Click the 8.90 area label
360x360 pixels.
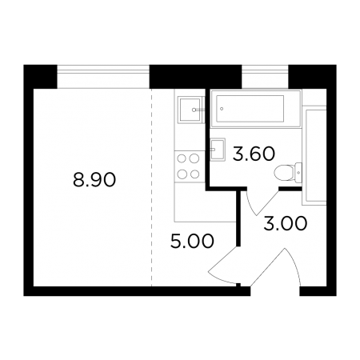pyautogui.click(x=94, y=179)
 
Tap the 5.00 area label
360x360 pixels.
pyautogui.click(x=192, y=241)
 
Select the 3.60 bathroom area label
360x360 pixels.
pyautogui.click(x=254, y=154)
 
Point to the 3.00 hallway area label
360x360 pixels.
pyautogui.click(x=286, y=223)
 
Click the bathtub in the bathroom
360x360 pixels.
pyautogui.click(x=256, y=109)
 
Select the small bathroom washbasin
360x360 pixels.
pyautogui.click(x=218, y=150)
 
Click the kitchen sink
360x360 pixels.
pyautogui.click(x=190, y=110)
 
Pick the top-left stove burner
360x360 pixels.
pyautogui.click(x=182, y=158)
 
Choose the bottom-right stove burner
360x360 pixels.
pyautogui.click(x=195, y=174)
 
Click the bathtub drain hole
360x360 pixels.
pyautogui.click(x=222, y=109)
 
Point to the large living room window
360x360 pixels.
pyautogui.click(x=103, y=77)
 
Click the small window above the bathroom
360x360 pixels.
pyautogui.click(x=265, y=77)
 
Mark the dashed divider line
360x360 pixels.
pyautogui.click(x=151, y=187)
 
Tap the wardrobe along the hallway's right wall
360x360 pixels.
pyautogui.click(x=314, y=155)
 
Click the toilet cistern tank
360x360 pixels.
pyautogui.click(x=298, y=173)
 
